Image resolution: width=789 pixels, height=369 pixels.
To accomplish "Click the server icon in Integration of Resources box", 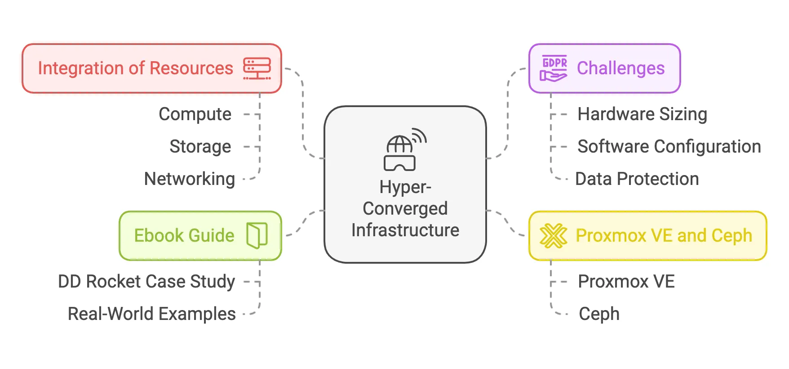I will click(257, 68).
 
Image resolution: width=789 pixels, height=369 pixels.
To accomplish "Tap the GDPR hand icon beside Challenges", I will click(554, 68).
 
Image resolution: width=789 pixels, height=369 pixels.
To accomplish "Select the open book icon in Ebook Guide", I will click(257, 235).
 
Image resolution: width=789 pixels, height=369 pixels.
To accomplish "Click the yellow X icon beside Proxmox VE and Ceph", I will click(554, 236).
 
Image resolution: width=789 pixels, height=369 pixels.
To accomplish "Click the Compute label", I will click(195, 114).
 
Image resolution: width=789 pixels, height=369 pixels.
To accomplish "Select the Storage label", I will click(200, 147).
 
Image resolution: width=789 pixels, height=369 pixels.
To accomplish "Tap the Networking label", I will click(190, 179).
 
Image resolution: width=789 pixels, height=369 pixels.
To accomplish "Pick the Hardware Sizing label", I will click(642, 114).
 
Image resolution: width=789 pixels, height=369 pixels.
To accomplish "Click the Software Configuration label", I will click(669, 147).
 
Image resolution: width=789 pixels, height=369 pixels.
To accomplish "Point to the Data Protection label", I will click(637, 179).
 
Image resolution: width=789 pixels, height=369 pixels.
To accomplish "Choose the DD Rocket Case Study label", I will click(146, 282).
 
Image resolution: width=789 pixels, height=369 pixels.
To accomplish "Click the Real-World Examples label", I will click(151, 314).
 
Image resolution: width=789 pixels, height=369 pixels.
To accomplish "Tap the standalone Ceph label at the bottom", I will click(599, 314).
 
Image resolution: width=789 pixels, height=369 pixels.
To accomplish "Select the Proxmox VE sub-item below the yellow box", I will click(626, 282).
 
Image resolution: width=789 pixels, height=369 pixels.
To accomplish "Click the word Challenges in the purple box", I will click(621, 68).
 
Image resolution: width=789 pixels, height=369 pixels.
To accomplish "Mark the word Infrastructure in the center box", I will click(405, 230).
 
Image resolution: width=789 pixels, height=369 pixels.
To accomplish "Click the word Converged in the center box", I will click(405, 208).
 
